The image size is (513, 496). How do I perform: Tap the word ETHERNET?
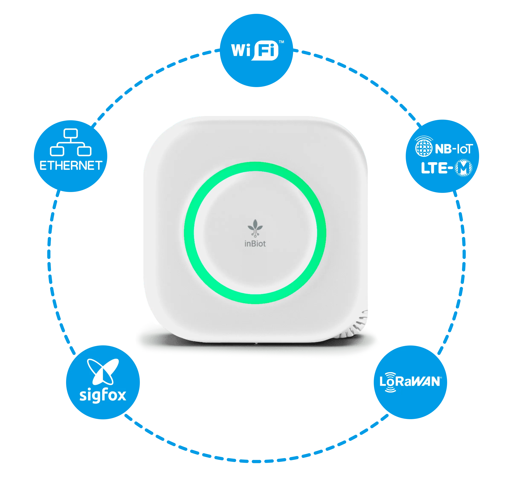(71, 165)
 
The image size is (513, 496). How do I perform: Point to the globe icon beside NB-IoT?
(424, 148)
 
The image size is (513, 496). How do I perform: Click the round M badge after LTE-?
(463, 168)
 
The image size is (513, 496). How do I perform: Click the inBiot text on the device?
(255, 244)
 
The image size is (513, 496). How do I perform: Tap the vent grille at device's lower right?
(360, 325)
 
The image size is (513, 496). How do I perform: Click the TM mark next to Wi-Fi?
(281, 42)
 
